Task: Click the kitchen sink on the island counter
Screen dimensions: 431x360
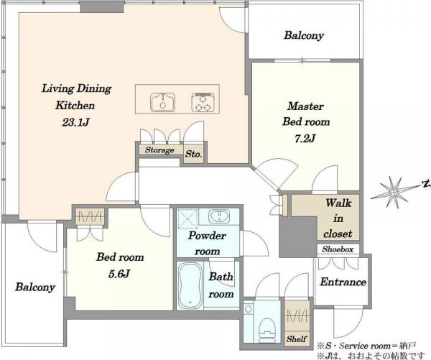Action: tap(163, 102)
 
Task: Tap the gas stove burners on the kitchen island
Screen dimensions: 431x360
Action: tap(203, 102)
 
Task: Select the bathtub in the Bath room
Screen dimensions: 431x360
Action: tap(190, 285)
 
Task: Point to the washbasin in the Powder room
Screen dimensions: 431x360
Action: tap(219, 216)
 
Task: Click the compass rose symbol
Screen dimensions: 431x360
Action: tap(394, 193)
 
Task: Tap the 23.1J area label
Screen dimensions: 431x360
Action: tap(75, 122)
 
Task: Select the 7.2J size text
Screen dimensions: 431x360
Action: tap(305, 139)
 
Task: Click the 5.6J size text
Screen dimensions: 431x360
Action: tap(119, 274)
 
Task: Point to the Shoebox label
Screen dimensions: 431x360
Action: tap(338, 249)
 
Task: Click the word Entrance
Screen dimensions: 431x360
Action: tap(343, 282)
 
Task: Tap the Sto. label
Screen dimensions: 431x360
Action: tap(193, 154)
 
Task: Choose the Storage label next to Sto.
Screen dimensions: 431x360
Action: tap(159, 150)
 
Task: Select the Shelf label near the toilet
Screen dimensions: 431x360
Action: tap(296, 339)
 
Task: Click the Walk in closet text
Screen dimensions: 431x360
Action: tap(338, 218)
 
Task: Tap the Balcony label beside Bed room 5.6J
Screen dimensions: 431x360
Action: tap(35, 287)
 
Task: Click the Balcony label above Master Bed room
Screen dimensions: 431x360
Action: tap(304, 35)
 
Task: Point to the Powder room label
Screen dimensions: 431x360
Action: tap(208, 244)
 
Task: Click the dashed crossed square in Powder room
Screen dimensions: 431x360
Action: tap(188, 218)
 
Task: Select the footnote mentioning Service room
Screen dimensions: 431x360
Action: tap(366, 346)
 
